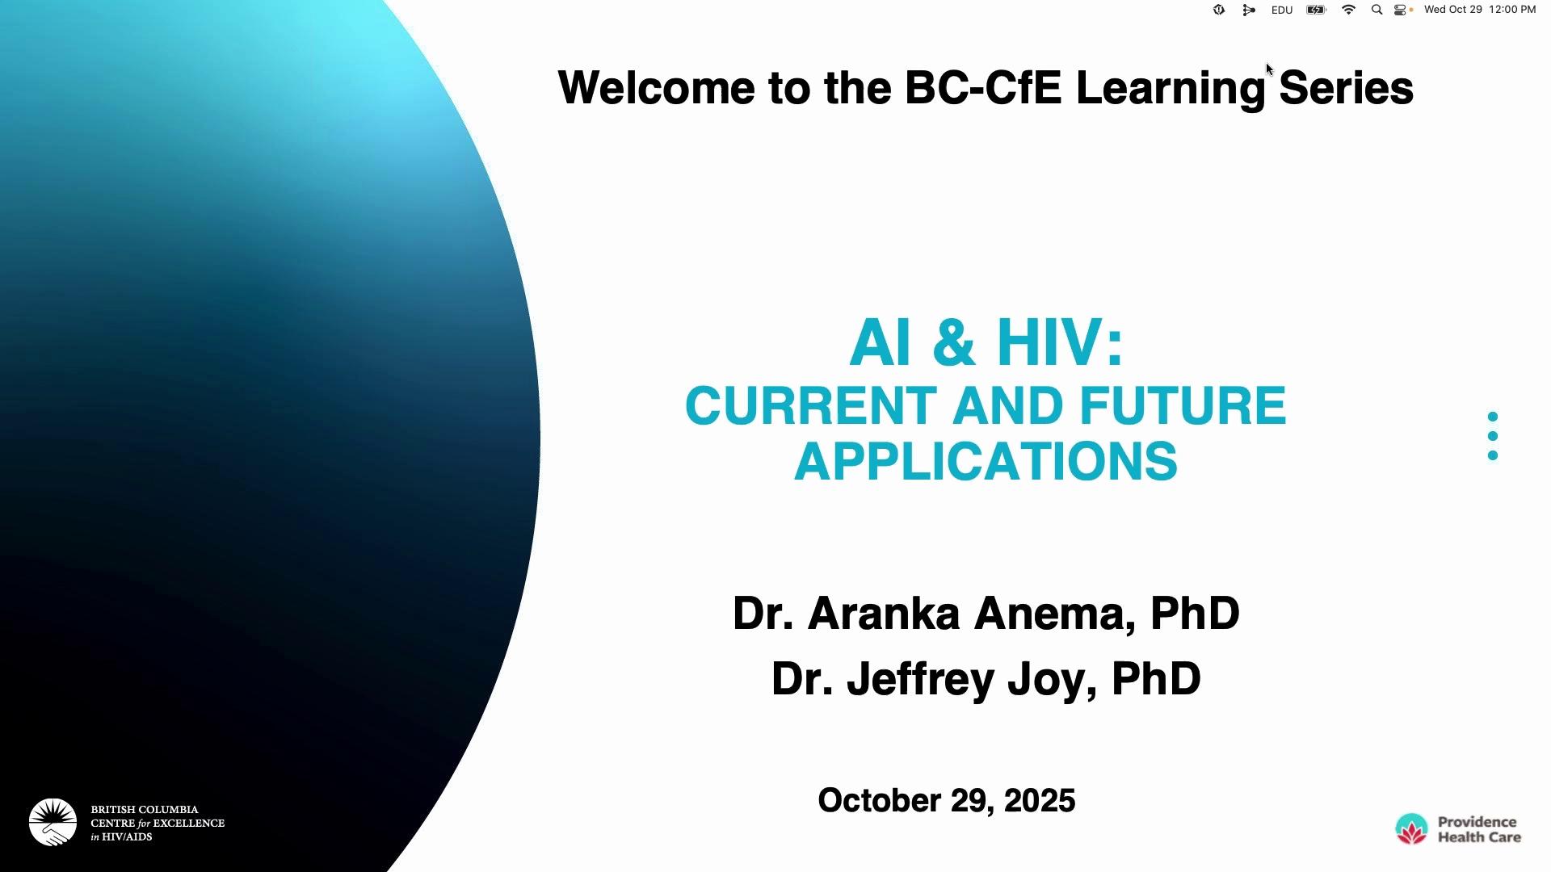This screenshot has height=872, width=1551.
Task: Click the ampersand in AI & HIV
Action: click(x=953, y=342)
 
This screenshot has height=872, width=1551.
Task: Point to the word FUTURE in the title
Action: click(x=1183, y=405)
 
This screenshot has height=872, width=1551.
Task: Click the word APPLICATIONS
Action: click(x=986, y=461)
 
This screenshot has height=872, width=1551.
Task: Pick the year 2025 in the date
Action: click(x=1040, y=800)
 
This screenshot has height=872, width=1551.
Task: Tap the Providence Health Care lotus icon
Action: click(x=1411, y=829)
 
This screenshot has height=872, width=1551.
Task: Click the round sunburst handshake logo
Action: click(x=53, y=822)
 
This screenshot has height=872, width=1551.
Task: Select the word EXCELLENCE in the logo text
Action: click(x=189, y=823)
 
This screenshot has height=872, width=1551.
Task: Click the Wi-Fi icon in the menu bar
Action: click(x=1348, y=10)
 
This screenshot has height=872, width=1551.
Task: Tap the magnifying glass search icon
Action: click(x=1377, y=10)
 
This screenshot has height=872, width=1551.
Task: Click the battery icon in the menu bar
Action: click(x=1317, y=10)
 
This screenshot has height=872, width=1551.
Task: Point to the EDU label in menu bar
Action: click(x=1282, y=10)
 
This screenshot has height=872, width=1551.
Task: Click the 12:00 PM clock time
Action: click(x=1512, y=10)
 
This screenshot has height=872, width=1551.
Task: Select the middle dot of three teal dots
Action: click(x=1493, y=436)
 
